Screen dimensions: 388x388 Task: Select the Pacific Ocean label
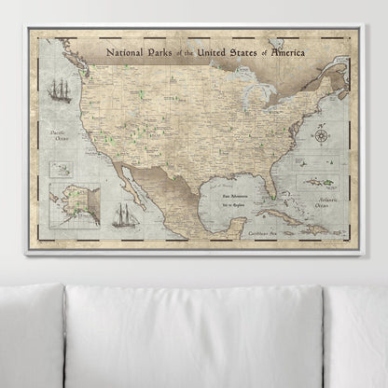pos(63,140)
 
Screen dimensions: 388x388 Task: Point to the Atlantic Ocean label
pos(329,194)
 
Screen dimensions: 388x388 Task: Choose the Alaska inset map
pos(74,204)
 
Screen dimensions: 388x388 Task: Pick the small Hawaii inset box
pos(62,169)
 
